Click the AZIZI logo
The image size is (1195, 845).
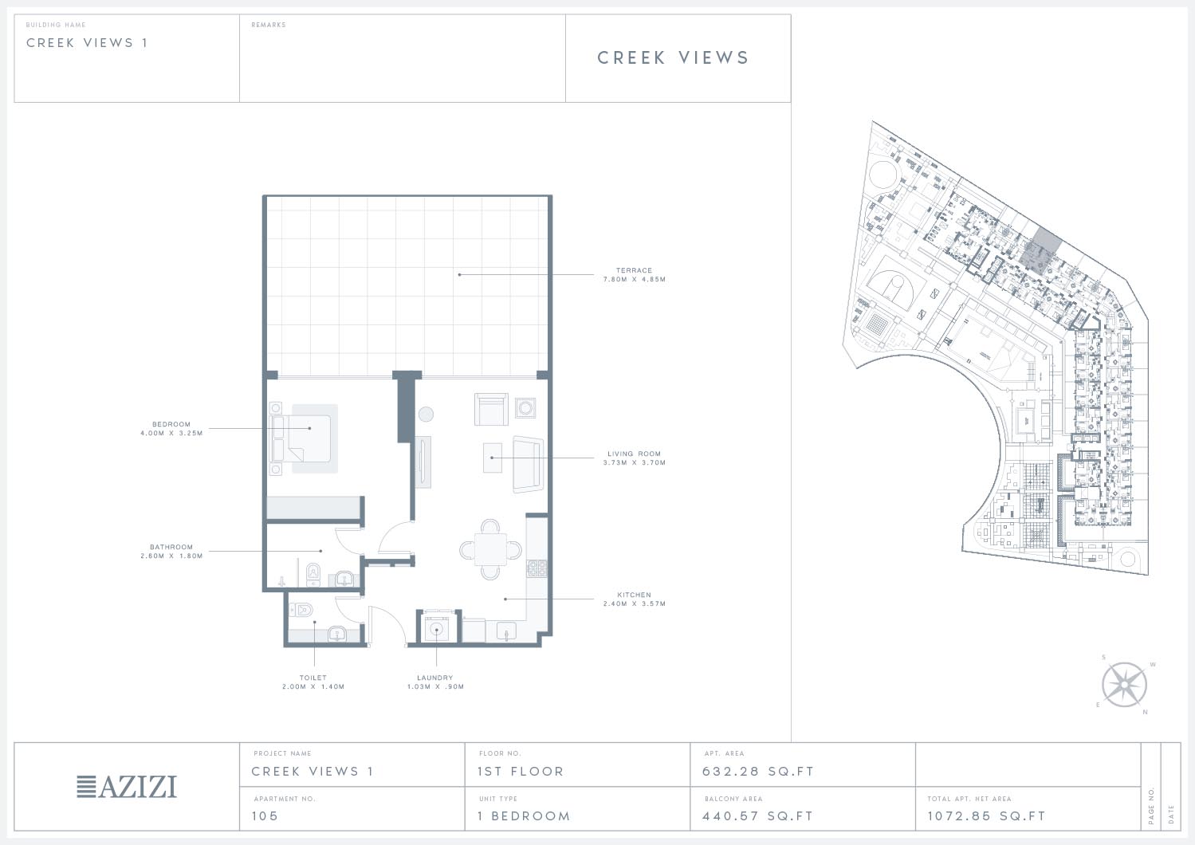pyautogui.click(x=127, y=787)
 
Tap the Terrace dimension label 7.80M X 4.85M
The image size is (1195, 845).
pyautogui.click(x=635, y=279)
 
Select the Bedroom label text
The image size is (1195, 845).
pyautogui.click(x=171, y=424)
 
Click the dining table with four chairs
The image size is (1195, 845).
pyautogui.click(x=491, y=549)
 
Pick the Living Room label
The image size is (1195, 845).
pyautogui.click(x=635, y=454)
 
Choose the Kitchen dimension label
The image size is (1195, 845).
pyautogui.click(x=635, y=604)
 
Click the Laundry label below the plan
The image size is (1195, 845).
pyautogui.click(x=434, y=678)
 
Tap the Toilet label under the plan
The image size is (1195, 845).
pyautogui.click(x=313, y=678)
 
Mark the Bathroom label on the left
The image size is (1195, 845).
pyautogui.click(x=171, y=547)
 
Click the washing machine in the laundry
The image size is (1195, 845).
pyautogui.click(x=436, y=630)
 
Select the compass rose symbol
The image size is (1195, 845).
pyautogui.click(x=1124, y=685)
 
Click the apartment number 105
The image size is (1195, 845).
pyautogui.click(x=265, y=816)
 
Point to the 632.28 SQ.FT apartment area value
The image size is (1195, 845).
pyautogui.click(x=758, y=772)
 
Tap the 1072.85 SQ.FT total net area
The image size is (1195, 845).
pyautogui.click(x=986, y=816)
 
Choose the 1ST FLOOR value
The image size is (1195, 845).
pyautogui.click(x=521, y=772)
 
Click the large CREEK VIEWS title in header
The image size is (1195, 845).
pyautogui.click(x=674, y=57)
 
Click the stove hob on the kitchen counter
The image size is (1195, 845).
pyautogui.click(x=537, y=568)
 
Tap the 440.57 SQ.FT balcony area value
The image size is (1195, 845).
pyautogui.click(x=758, y=816)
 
